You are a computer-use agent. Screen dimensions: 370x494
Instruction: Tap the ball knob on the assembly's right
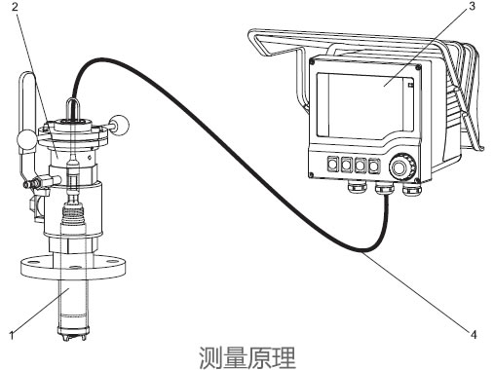[122, 126]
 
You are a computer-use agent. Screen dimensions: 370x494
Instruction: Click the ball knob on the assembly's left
[27, 144]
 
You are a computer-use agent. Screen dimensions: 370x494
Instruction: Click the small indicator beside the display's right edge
[411, 88]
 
